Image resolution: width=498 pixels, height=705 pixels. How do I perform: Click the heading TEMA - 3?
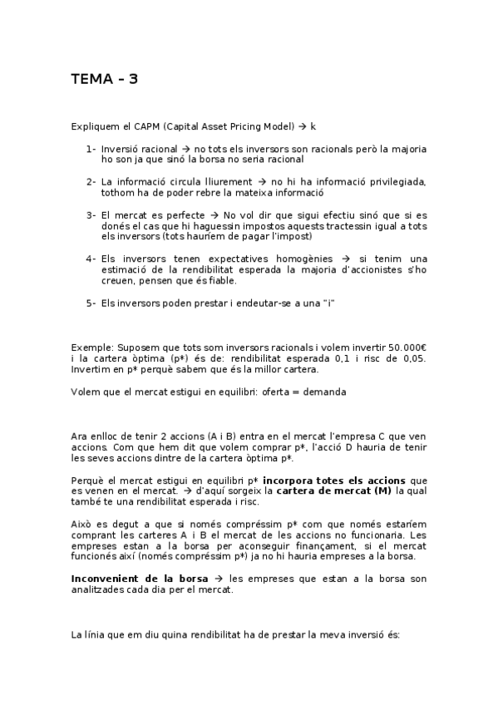(x=104, y=80)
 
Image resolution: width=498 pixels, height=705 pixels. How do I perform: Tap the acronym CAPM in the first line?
(x=147, y=126)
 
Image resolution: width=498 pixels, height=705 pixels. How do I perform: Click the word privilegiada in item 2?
(x=389, y=181)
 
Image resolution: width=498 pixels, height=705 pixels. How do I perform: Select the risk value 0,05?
(x=412, y=357)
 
